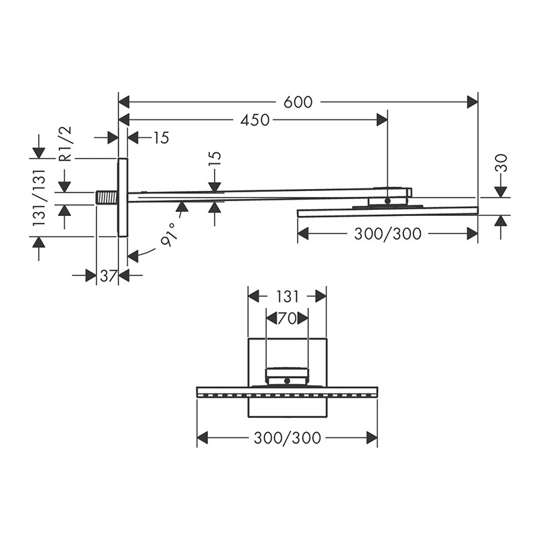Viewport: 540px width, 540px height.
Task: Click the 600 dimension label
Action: tap(298, 102)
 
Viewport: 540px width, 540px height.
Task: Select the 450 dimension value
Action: tap(255, 120)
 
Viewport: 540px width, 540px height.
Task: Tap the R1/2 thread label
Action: tap(65, 144)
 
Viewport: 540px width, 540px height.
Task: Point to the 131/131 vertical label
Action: tap(39, 197)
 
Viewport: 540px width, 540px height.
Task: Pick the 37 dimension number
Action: tap(107, 275)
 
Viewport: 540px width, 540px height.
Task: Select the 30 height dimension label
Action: tap(502, 163)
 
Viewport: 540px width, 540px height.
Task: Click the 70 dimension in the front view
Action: tap(287, 319)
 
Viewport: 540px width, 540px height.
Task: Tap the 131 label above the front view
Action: tap(288, 296)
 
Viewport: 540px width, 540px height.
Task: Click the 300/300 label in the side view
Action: tap(387, 234)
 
